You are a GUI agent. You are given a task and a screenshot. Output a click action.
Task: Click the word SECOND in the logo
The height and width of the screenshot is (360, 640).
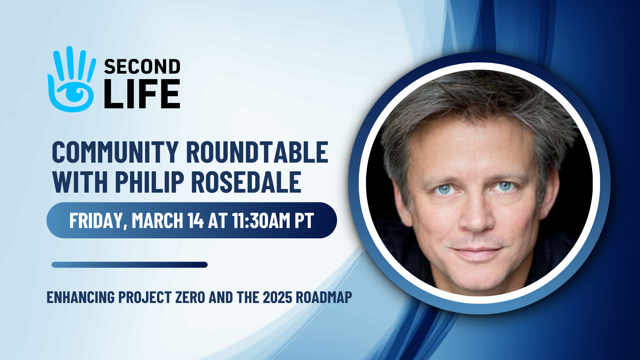142,67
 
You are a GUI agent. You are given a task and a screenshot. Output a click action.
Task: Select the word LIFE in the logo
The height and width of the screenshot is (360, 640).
142,94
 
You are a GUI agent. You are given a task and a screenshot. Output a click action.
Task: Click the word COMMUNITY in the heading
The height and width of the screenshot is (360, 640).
115,152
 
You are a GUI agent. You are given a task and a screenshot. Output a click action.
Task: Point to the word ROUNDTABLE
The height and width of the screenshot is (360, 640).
257,152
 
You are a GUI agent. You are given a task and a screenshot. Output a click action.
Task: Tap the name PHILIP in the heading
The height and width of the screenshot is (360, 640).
150,182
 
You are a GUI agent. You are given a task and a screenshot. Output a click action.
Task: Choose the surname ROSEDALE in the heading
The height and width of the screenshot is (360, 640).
246,182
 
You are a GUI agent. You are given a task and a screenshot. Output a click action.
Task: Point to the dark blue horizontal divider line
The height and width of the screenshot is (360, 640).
130,265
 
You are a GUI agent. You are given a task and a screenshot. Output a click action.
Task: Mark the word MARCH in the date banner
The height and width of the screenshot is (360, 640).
157,221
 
